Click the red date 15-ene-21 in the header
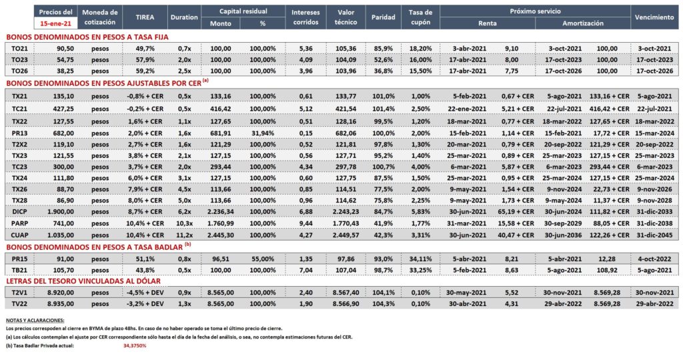click(56, 23)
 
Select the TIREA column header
click(145, 17)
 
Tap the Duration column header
click(184, 17)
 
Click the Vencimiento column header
click(654, 17)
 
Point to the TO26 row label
click(19, 71)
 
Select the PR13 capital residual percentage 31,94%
click(263, 133)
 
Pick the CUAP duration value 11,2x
click(185, 235)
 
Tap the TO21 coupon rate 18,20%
click(420, 48)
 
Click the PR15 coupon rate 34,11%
click(420, 259)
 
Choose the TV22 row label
click(19, 304)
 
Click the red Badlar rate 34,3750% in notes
click(135, 345)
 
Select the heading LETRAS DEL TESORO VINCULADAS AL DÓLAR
click(83, 281)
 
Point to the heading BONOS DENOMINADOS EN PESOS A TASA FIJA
click(87, 37)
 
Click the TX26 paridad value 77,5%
click(383, 189)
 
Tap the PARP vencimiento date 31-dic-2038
click(654, 223)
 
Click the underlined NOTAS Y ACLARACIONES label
click(35, 321)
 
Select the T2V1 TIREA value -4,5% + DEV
click(145, 293)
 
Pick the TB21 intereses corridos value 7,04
click(305, 270)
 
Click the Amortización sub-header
click(583, 23)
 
